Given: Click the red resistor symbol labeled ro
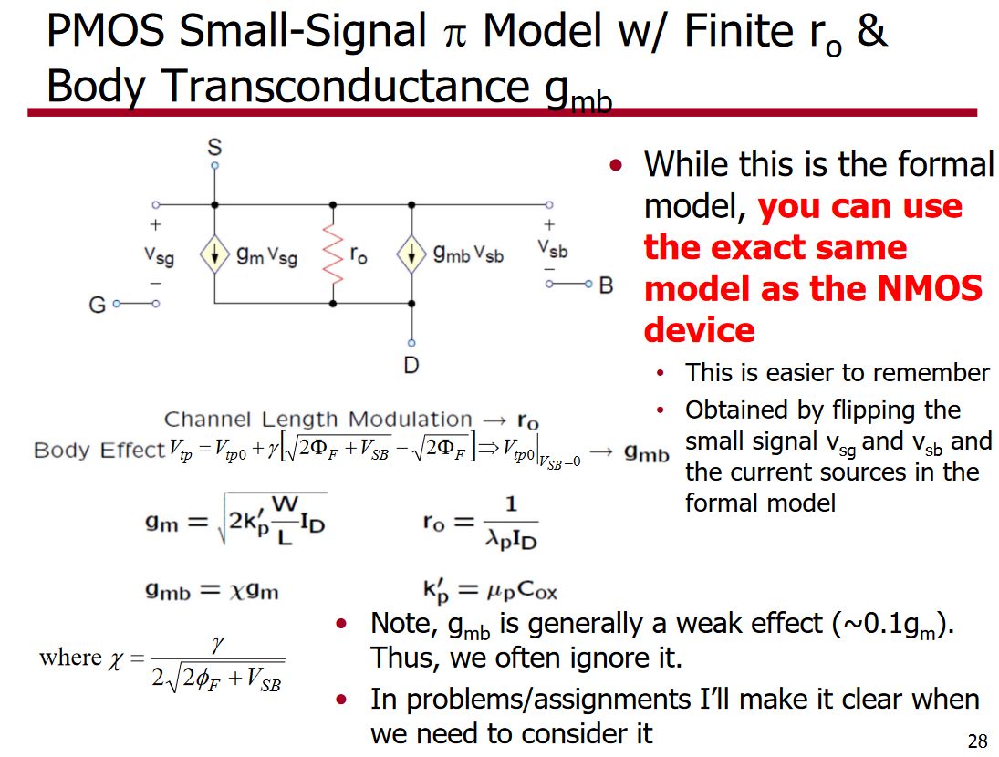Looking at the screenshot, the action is (x=333, y=254).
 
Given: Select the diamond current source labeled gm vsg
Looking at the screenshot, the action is (x=214, y=254).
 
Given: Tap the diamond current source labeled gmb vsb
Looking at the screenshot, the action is (x=411, y=254).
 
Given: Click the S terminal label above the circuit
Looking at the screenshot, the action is (x=214, y=147).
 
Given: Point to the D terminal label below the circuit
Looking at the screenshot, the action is (x=411, y=366).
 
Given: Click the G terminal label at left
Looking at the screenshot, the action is (x=97, y=305).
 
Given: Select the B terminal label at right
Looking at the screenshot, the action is (x=606, y=285).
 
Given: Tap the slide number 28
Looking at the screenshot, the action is (x=977, y=741).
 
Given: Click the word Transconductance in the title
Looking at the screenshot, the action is (x=345, y=86).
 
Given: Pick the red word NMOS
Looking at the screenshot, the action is (x=930, y=288).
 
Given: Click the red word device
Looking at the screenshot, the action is (x=699, y=330).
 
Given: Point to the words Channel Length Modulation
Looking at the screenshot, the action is (x=317, y=419).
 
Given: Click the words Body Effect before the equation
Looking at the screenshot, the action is (x=99, y=451).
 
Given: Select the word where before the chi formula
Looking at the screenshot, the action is (x=70, y=657).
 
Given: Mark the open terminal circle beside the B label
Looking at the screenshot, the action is (x=588, y=284).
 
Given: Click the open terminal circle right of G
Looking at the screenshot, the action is (x=156, y=305).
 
